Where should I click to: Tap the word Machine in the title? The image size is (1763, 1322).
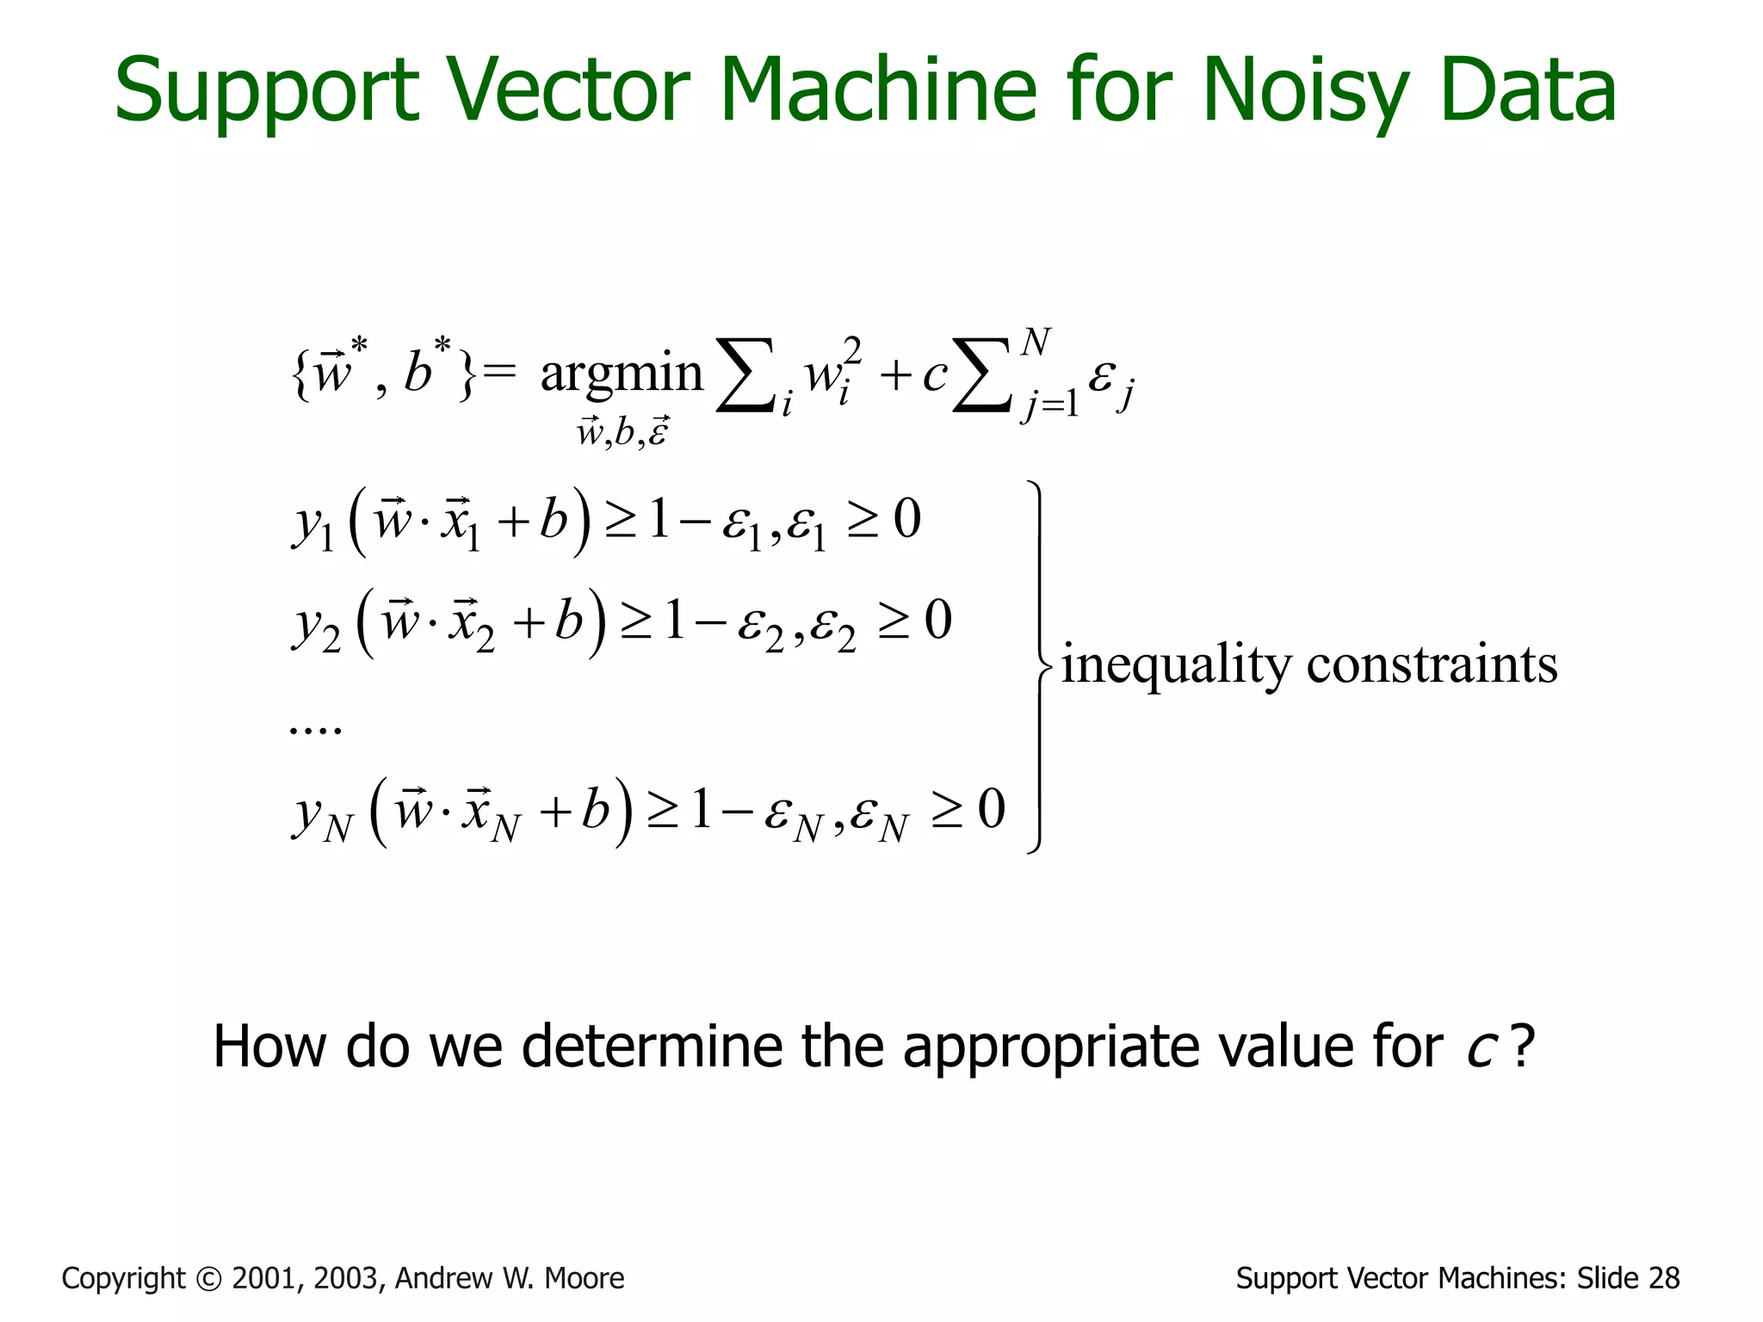(x=877, y=90)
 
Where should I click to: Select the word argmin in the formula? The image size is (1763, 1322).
(x=622, y=375)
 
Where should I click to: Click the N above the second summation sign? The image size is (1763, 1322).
(x=1036, y=343)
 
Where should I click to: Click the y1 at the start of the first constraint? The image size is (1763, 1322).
(x=312, y=525)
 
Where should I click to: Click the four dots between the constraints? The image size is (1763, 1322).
(x=315, y=730)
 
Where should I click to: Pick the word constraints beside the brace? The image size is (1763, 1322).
(x=1432, y=665)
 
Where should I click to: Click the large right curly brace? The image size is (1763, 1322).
(x=1039, y=667)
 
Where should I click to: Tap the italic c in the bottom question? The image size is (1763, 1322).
(x=1480, y=1048)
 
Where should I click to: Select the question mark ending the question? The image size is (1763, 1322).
(x=1522, y=1047)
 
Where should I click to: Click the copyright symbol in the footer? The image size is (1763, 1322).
(x=208, y=1279)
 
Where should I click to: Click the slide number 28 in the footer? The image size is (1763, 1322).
(x=1664, y=1279)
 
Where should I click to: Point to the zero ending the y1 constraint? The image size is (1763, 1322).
(x=907, y=519)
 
